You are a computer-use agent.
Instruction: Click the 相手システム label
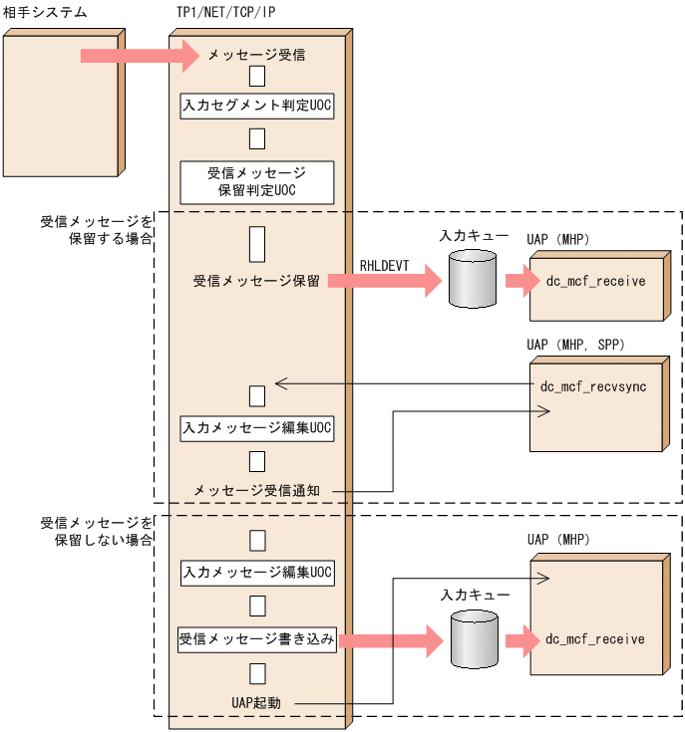click(45, 12)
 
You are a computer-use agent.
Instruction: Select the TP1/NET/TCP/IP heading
click(225, 12)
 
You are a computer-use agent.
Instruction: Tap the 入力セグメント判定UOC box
click(257, 106)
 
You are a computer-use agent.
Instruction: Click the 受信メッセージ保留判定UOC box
click(257, 182)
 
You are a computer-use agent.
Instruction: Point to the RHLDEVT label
click(384, 266)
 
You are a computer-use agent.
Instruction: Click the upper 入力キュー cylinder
click(473, 279)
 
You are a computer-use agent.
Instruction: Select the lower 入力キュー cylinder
click(475, 639)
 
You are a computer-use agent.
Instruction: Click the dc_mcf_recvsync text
click(593, 386)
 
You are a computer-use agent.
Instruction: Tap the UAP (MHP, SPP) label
click(575, 345)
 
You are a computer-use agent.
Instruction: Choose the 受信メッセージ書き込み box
click(257, 639)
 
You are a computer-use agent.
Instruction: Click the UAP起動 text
click(256, 703)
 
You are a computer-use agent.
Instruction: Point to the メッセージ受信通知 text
click(256, 491)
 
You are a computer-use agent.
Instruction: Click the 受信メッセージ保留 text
click(256, 281)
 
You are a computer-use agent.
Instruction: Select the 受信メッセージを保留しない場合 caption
click(97, 532)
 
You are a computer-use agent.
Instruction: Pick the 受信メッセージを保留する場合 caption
click(97, 230)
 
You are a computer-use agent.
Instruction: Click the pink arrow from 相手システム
click(141, 56)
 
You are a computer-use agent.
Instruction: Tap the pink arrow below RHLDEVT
click(385, 281)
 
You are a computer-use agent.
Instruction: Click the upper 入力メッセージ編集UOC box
click(257, 428)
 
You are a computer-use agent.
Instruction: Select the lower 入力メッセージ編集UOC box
click(257, 573)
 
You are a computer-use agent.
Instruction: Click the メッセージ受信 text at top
click(256, 55)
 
